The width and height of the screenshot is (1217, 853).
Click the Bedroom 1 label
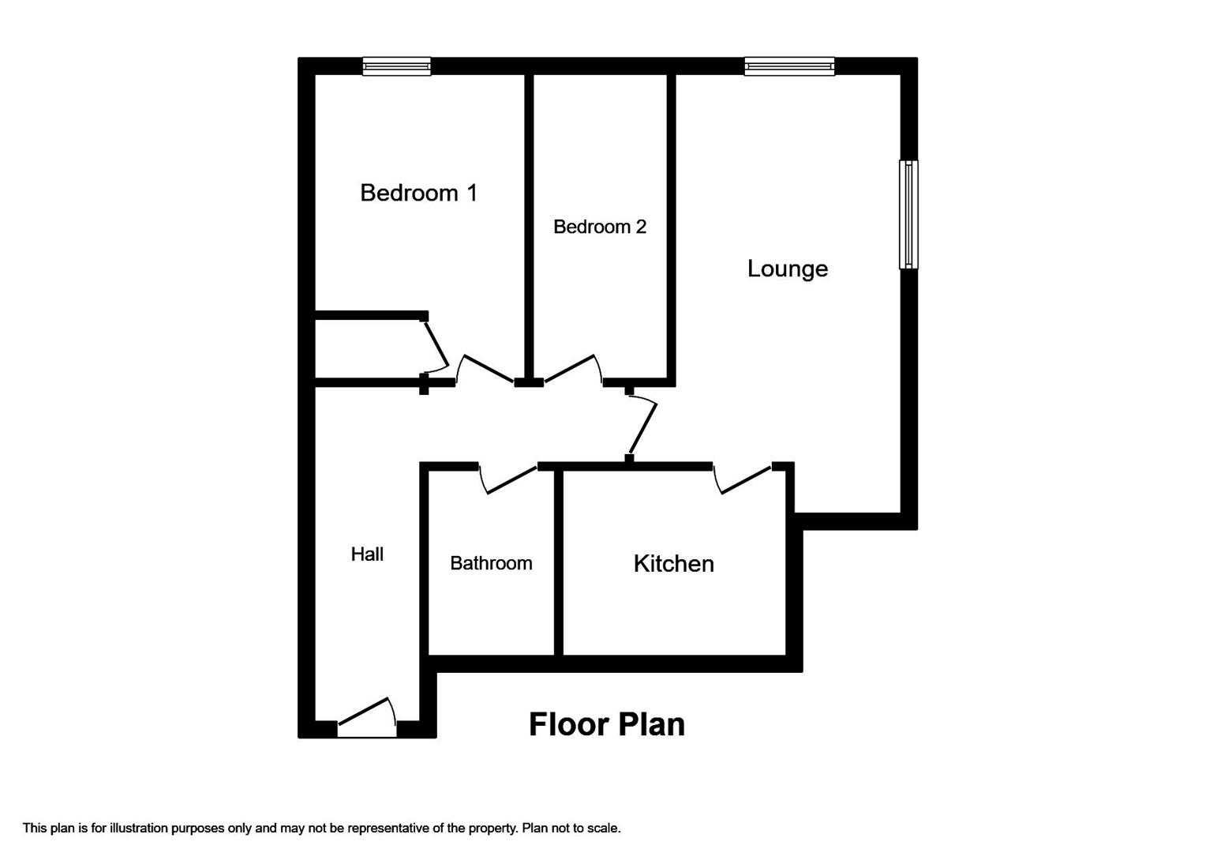click(x=418, y=193)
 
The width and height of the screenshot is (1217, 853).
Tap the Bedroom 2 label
click(x=600, y=227)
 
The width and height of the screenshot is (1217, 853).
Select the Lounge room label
click(x=787, y=269)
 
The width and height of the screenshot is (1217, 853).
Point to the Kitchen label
click(x=674, y=564)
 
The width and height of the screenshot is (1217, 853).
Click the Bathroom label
click(x=491, y=563)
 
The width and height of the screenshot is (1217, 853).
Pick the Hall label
click(x=367, y=554)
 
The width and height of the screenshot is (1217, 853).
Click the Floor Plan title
click(x=607, y=725)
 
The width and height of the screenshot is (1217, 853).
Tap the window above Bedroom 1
click(x=397, y=66)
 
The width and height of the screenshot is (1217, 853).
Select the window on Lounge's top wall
click(x=789, y=66)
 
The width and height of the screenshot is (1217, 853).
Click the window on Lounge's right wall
click(x=908, y=214)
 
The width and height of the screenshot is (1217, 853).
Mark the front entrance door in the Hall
click(x=367, y=719)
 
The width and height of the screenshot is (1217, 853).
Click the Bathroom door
click(x=508, y=479)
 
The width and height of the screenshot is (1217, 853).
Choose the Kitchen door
click(x=742, y=479)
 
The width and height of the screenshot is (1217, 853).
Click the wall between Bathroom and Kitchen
click(x=559, y=562)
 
